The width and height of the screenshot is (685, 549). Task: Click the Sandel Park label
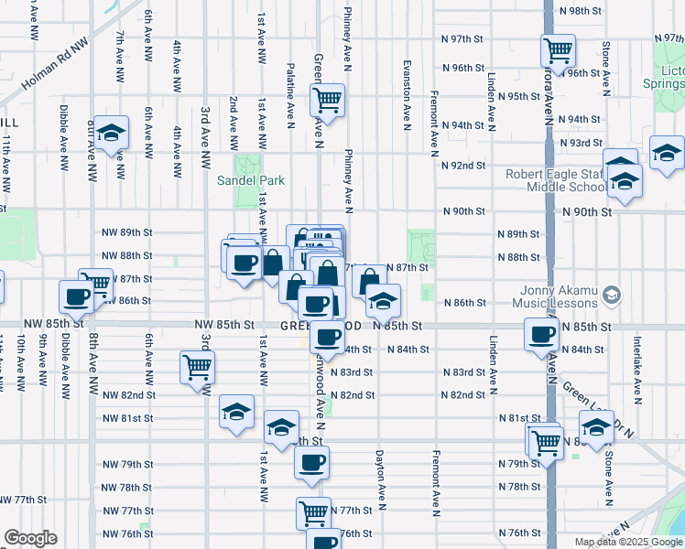coord(246,180)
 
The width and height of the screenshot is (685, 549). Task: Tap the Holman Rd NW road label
coord(55,65)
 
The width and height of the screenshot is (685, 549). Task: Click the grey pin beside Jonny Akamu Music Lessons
coord(613,295)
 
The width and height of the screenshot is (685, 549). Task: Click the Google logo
coord(30,538)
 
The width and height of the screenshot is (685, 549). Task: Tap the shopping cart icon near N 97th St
coord(557,49)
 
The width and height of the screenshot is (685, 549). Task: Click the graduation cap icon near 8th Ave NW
coord(111,134)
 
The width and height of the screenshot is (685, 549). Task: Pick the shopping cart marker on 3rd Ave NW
coord(198,368)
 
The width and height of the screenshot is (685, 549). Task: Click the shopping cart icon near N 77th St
coord(313,512)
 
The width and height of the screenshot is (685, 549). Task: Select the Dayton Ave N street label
coord(378,476)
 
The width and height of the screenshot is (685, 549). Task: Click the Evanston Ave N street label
coord(406,96)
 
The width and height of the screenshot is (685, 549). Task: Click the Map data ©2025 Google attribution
coord(627,542)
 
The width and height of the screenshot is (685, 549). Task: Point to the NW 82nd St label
coord(127,395)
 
